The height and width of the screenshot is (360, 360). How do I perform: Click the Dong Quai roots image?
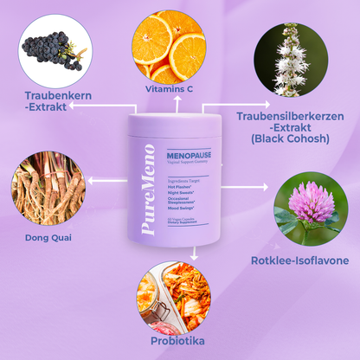pos(48,183)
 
